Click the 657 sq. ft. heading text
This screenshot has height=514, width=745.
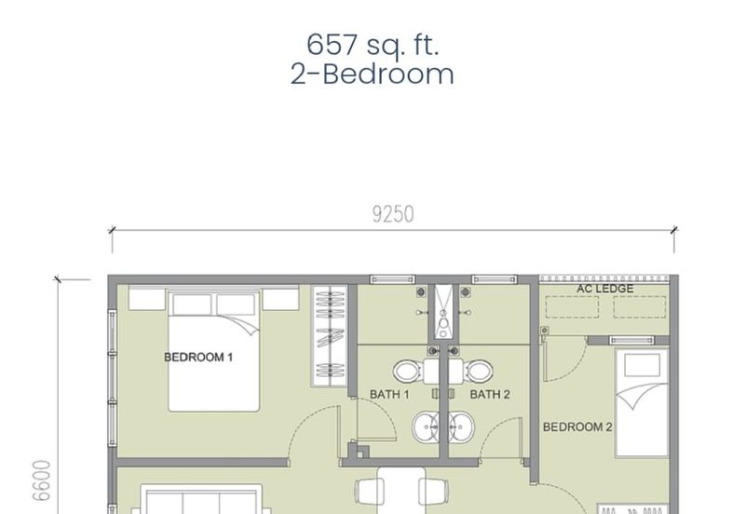tap(372, 46)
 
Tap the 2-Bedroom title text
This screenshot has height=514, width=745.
tap(372, 74)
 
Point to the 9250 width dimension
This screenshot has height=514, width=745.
tap(393, 214)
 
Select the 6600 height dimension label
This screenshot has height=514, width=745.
tap(41, 480)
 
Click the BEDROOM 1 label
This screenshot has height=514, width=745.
tap(198, 358)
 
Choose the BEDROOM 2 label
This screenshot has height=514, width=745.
tap(577, 427)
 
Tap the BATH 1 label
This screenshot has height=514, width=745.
tap(389, 394)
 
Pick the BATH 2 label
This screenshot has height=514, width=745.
tap(490, 394)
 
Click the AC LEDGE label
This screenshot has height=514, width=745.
tap(604, 289)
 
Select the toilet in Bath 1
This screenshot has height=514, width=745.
tap(408, 372)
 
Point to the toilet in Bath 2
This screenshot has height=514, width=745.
tap(479, 372)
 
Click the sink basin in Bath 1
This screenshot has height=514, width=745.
tap(426, 427)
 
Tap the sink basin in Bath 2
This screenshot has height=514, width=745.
tap(461, 427)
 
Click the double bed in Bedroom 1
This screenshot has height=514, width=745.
tap(214, 352)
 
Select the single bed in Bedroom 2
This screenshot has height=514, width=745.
tap(642, 403)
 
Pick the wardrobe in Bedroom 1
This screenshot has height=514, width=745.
tap(331, 336)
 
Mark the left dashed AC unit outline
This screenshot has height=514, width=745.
tap(572, 307)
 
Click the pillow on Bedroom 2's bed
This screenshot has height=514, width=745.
tap(642, 365)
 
